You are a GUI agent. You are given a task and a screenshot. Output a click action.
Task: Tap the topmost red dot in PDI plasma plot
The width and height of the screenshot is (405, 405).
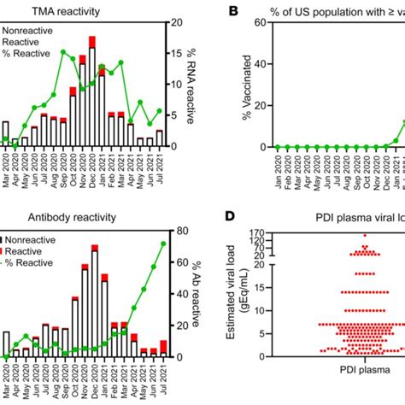(x=365, y=235)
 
